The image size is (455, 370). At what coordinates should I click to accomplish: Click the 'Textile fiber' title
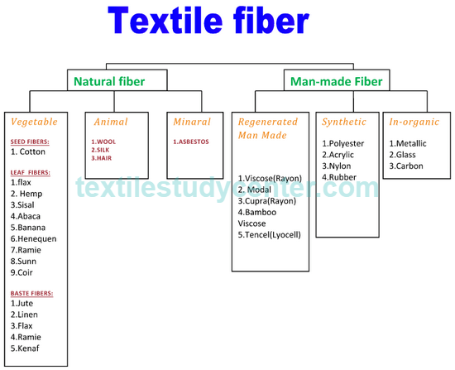click(208, 21)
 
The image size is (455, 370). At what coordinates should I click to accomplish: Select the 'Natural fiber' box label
click(109, 82)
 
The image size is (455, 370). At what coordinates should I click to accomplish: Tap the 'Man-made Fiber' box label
click(337, 82)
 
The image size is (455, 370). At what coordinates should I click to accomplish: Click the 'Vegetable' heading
click(34, 122)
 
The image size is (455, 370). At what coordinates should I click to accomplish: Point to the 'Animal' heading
click(111, 122)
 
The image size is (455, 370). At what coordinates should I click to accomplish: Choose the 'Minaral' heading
click(192, 122)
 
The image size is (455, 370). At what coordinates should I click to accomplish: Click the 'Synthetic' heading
click(344, 122)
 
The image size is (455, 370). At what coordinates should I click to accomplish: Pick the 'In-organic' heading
click(414, 122)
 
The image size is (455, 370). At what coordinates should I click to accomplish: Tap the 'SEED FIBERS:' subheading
click(30, 142)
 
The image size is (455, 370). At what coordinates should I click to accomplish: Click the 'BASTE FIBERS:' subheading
click(32, 294)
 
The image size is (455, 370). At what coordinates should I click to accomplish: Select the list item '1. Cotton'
click(28, 152)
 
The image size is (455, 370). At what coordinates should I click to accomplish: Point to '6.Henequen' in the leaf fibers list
click(34, 239)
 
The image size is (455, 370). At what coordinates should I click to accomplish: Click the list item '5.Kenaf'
click(25, 348)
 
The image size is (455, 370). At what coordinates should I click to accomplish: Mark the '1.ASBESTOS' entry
click(191, 142)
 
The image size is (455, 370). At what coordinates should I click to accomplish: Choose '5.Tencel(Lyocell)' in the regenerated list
click(270, 235)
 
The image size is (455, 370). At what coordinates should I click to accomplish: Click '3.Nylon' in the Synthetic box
click(337, 166)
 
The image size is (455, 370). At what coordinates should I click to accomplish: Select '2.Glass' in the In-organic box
click(403, 155)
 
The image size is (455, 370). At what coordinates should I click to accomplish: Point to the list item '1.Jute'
click(22, 304)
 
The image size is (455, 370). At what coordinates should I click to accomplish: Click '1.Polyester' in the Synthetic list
click(343, 144)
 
